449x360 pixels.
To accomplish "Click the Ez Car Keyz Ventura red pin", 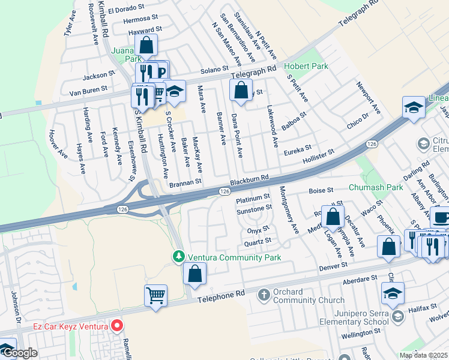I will [117, 326].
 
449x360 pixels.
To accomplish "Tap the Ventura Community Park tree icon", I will [178, 257].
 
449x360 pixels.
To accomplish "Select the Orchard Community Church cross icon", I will [263, 295].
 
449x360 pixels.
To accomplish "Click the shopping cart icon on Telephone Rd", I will [155, 295].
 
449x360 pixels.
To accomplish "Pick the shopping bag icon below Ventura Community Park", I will [195, 274].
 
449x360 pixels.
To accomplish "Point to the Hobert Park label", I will [306, 66].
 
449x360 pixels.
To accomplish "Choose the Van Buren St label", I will [88, 90].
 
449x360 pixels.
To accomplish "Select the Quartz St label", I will [258, 241].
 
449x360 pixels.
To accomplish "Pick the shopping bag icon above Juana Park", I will [146, 44].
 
